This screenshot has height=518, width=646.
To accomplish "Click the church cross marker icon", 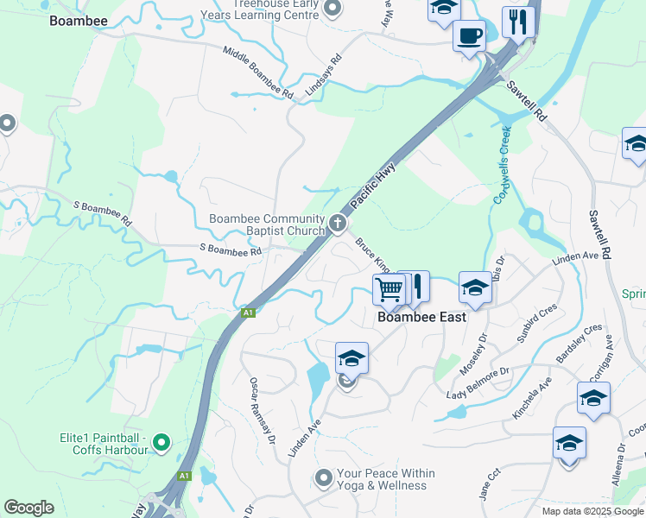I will pyautogui.click(x=337, y=225).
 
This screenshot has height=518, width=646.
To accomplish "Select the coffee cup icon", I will pyautogui.click(x=469, y=36).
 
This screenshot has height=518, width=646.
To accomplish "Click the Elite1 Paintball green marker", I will pyautogui.click(x=160, y=444).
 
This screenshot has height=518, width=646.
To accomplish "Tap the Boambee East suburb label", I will pyautogui.click(x=422, y=317).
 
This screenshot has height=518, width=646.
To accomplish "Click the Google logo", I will pyautogui.click(x=28, y=508).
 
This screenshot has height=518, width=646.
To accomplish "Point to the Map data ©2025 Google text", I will pyautogui.click(x=592, y=511).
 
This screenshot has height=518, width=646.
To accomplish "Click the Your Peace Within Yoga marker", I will pyautogui.click(x=324, y=477).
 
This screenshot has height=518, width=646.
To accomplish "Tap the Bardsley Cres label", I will pyautogui.click(x=581, y=344).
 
